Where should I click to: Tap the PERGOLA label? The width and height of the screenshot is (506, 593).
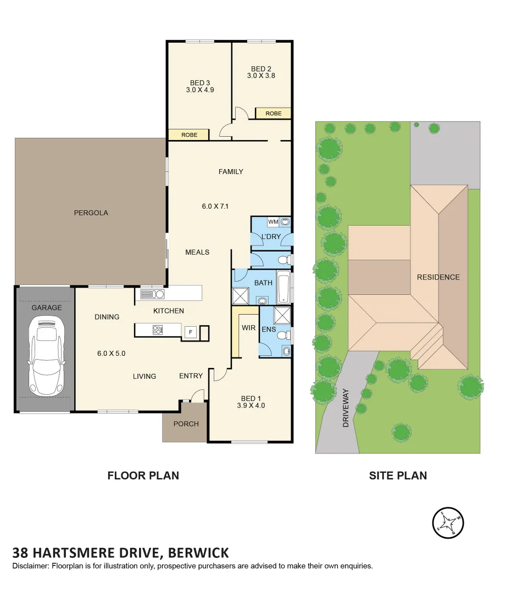[91, 212]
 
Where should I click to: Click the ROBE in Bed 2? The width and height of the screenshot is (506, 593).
[273, 113]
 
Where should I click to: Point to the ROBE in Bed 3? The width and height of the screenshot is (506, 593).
[189, 135]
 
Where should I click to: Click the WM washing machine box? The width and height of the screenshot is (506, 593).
[273, 222]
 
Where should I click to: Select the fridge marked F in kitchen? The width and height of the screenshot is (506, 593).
[191, 332]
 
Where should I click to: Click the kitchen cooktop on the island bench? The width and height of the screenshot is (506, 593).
[158, 329]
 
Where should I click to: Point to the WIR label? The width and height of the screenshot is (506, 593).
[248, 328]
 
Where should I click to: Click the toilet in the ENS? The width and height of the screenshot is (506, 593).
[283, 335]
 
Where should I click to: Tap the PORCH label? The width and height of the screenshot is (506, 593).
[186, 423]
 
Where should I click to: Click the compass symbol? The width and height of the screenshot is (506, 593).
[448, 523]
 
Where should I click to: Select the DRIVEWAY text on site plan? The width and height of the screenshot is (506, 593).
[346, 408]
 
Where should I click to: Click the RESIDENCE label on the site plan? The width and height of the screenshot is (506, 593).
[438, 277]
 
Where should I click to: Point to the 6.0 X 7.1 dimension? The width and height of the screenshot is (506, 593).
[214, 206]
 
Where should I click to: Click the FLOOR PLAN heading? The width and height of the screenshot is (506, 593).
[143, 475]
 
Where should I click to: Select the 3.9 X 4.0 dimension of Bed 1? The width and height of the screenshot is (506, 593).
[251, 406]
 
